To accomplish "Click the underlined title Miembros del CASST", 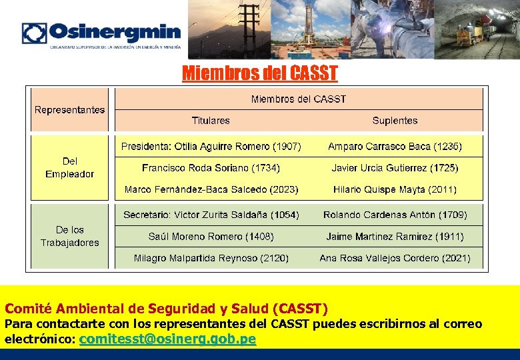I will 260,73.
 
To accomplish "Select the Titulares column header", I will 211,121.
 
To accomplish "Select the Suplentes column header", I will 395,121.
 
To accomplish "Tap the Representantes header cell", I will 70,109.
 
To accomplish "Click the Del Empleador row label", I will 70,167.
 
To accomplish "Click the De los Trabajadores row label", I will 70,236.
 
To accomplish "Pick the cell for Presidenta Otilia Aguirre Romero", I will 211,146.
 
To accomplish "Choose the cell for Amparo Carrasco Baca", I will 395,146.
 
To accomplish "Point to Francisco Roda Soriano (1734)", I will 211,168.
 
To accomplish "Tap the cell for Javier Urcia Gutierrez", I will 395,168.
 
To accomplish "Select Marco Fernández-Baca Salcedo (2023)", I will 211,189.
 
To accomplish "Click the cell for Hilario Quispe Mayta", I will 395,189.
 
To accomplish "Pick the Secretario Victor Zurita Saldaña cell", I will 211,215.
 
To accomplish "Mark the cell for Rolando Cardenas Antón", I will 395,215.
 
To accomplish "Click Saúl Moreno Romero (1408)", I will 211,236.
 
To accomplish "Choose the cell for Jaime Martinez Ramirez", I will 395,236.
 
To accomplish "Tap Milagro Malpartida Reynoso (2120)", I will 211,257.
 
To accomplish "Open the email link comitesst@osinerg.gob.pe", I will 167,339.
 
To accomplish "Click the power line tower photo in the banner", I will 230,29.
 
